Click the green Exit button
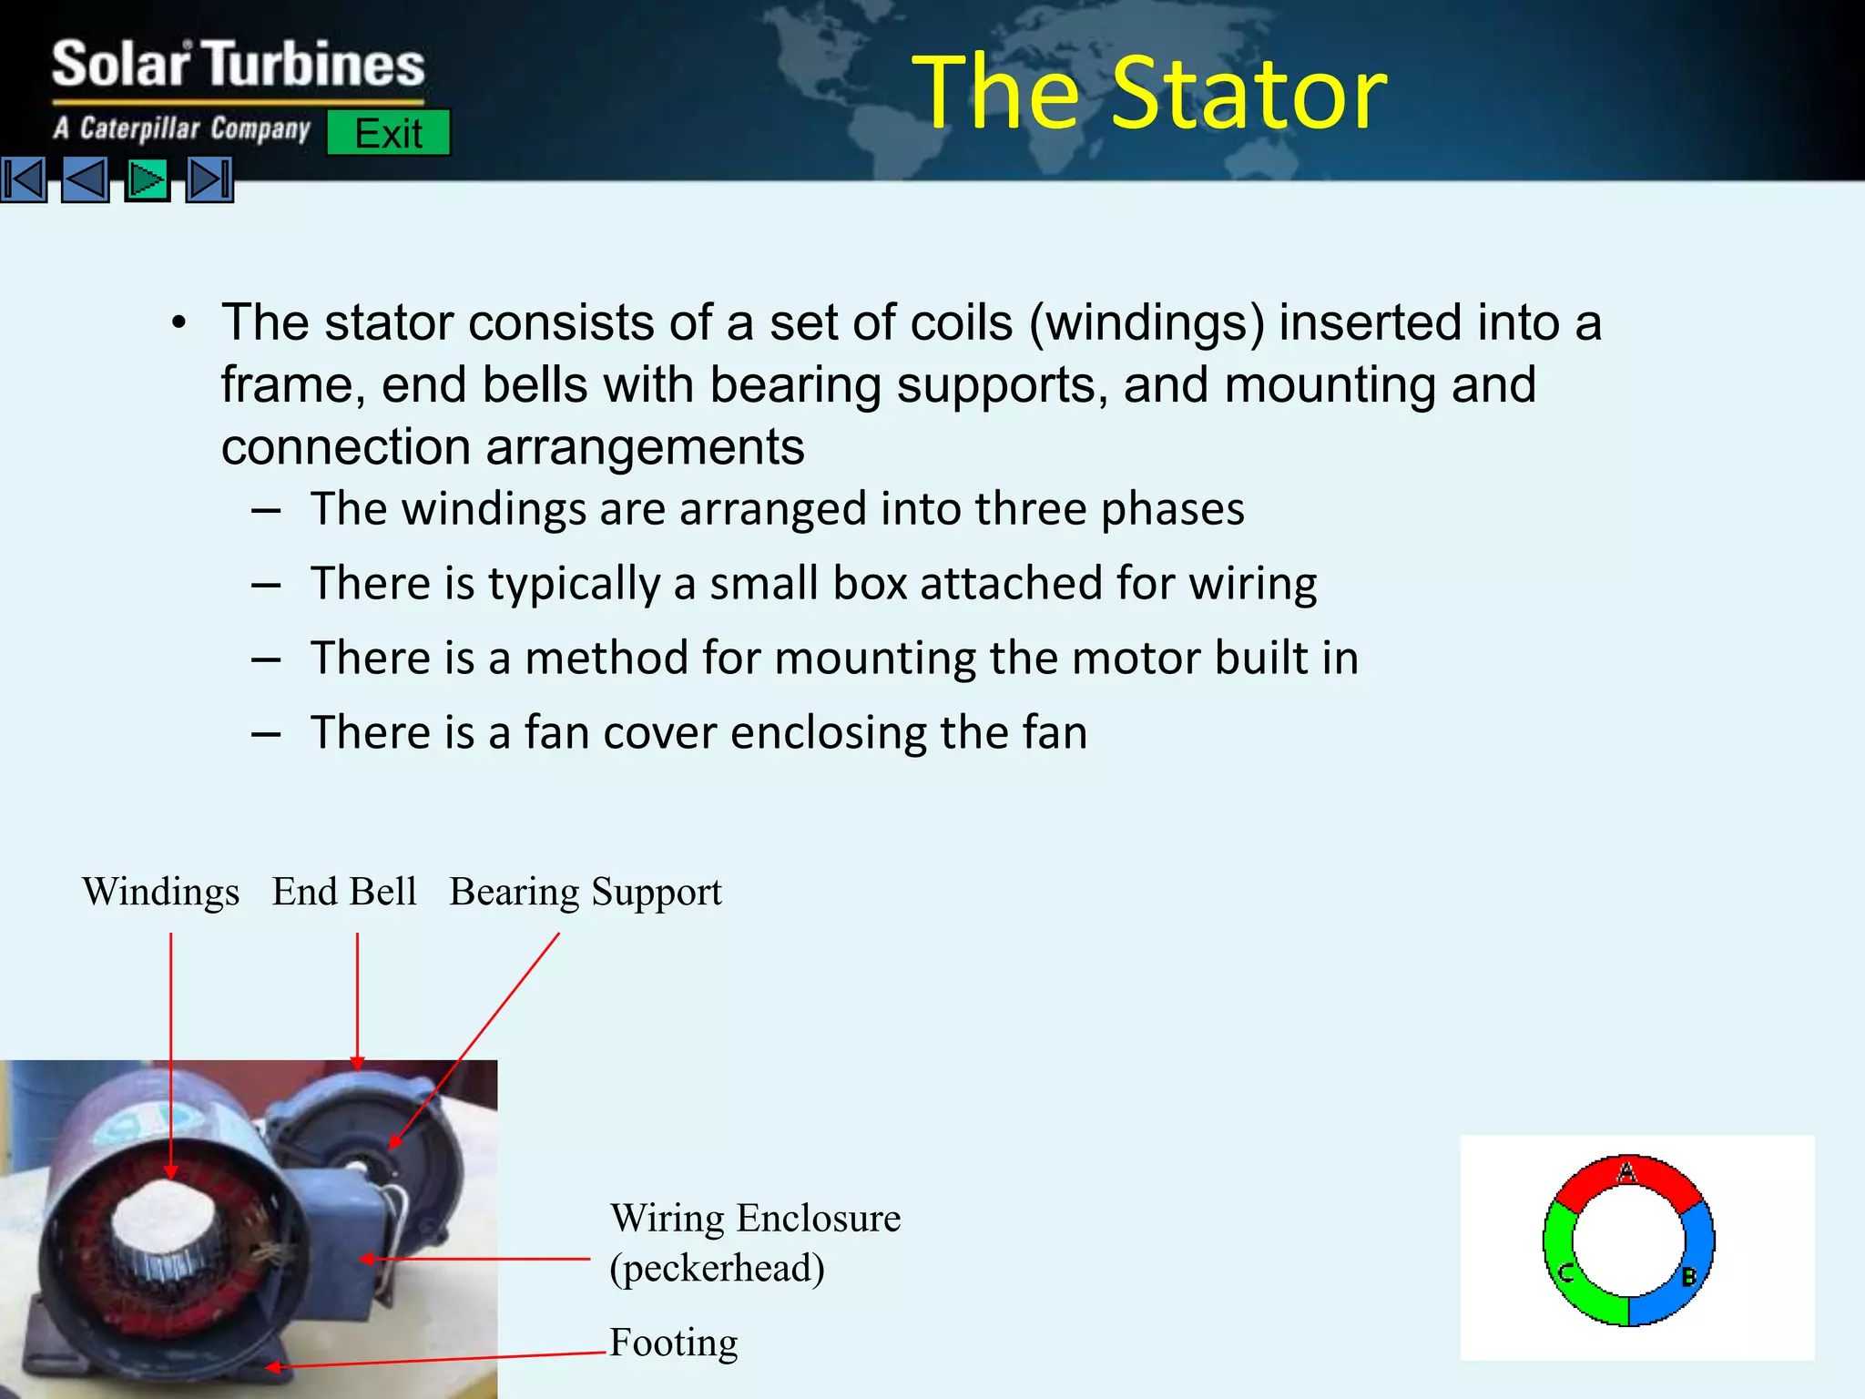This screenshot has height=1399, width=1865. (x=388, y=133)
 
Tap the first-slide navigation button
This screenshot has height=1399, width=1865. (x=24, y=179)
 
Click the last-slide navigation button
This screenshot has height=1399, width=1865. (x=209, y=179)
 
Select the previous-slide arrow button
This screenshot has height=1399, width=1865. (x=86, y=179)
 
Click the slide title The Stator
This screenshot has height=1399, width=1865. (x=1149, y=93)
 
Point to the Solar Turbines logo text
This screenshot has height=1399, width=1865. (x=239, y=66)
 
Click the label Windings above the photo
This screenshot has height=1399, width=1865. (x=160, y=892)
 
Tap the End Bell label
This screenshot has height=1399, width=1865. (x=344, y=892)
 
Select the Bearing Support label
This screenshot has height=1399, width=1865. (x=586, y=892)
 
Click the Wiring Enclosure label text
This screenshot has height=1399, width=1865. (x=755, y=1218)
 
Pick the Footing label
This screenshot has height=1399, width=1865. (x=674, y=1343)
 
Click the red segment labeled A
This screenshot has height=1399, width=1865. (x=1626, y=1176)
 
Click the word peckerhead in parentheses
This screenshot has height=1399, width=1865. (x=718, y=1268)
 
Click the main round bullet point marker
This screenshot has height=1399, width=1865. (x=179, y=324)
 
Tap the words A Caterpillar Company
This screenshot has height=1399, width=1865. (x=182, y=128)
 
